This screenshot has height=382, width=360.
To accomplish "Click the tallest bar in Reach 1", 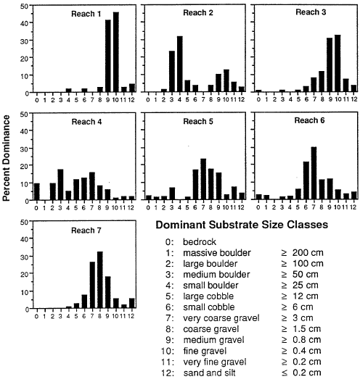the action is click(116, 52).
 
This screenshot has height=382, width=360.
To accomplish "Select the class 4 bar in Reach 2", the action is click(180, 64).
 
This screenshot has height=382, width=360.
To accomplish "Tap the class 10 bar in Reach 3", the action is click(337, 63).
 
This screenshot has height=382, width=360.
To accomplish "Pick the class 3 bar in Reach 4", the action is click(60, 185).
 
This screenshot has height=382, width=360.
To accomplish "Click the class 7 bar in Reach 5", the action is click(203, 179).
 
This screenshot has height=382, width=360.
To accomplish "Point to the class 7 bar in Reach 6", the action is click(314, 173).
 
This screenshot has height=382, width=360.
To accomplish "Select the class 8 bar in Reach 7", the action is click(100, 280).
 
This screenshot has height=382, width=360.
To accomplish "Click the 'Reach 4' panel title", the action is click(86, 122).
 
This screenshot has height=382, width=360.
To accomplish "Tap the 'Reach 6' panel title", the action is click(309, 120).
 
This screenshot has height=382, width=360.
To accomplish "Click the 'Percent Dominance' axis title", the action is click(6, 158).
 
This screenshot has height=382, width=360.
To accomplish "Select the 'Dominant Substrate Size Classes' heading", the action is click(242, 225).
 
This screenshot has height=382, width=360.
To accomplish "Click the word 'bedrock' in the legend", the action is click(200, 241).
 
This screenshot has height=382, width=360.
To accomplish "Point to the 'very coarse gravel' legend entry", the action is click(221, 318).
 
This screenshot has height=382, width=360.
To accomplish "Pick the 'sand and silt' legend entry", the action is click(209, 373).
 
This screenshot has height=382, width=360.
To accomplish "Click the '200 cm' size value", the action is click(308, 253).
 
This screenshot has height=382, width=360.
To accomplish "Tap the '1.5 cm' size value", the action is click(306, 329).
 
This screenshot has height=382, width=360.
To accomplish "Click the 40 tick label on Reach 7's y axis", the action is click(25, 239).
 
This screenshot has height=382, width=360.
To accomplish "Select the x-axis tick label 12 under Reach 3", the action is click(353, 99).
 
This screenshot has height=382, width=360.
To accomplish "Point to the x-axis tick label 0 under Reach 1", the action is click(37, 100).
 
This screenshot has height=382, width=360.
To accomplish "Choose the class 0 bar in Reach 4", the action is click(37, 192).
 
